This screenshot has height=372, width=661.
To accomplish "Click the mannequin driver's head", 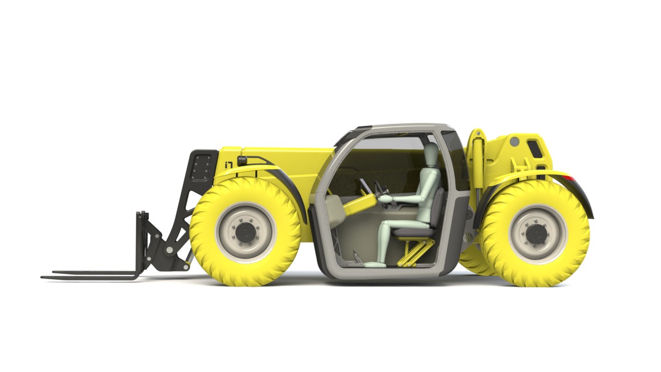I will pos(431,153).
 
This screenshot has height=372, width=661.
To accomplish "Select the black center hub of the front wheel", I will pos(246,233).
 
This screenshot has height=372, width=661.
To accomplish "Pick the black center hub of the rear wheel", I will pos(537,234).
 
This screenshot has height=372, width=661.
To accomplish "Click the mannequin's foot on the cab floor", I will pos(373,265).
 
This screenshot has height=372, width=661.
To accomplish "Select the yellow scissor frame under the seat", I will pos(413,253).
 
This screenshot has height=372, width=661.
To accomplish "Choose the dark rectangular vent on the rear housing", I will pos(534,148).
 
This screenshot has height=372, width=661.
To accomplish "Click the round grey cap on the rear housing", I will pos(514,141).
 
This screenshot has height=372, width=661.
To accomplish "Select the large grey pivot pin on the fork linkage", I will pos(169,250).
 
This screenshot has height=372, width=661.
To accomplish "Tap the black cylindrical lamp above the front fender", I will pos(242,161).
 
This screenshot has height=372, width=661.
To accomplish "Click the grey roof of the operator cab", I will pos(398,127).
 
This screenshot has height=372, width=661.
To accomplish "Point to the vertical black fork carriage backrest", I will pos(141,243).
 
